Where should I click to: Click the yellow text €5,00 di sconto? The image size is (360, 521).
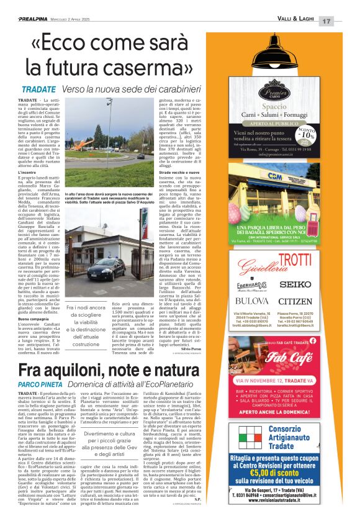pyautogui.click(x=294, y=478)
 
